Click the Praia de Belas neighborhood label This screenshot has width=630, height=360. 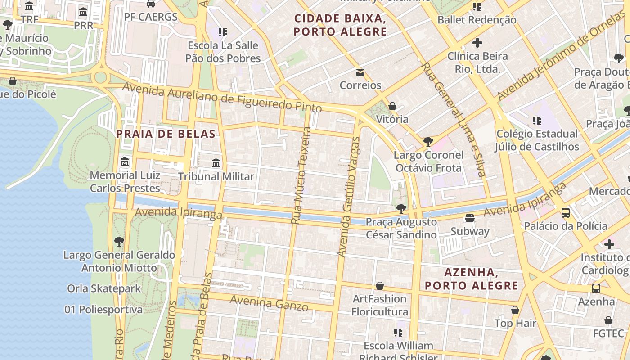click(166, 134)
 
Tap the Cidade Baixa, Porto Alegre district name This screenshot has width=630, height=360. click(340, 25)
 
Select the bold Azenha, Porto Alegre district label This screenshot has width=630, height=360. click(472, 279)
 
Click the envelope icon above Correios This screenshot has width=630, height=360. click(360, 72)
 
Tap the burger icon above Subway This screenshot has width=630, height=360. click(470, 218)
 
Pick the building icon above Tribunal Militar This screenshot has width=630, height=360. click(216, 163)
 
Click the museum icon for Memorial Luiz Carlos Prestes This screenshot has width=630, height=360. click(125, 162)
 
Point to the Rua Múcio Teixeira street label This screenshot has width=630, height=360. click(301, 175)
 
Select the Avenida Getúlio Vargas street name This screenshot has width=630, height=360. click(349, 197)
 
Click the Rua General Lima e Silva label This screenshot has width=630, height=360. click(453, 120)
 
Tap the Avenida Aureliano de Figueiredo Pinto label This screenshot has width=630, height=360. click(222, 98)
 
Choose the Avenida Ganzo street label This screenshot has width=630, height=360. click(269, 303)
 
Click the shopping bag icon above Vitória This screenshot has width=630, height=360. click(392, 106)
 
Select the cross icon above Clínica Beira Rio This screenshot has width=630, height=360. click(477, 43)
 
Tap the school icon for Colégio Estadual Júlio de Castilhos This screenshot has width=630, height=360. click(536, 121)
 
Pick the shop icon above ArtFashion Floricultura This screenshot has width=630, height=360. click(380, 286)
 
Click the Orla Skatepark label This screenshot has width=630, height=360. click(104, 288)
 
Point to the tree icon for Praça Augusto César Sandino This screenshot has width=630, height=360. click(401, 209)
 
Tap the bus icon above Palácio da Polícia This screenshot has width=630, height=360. click(566, 213)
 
